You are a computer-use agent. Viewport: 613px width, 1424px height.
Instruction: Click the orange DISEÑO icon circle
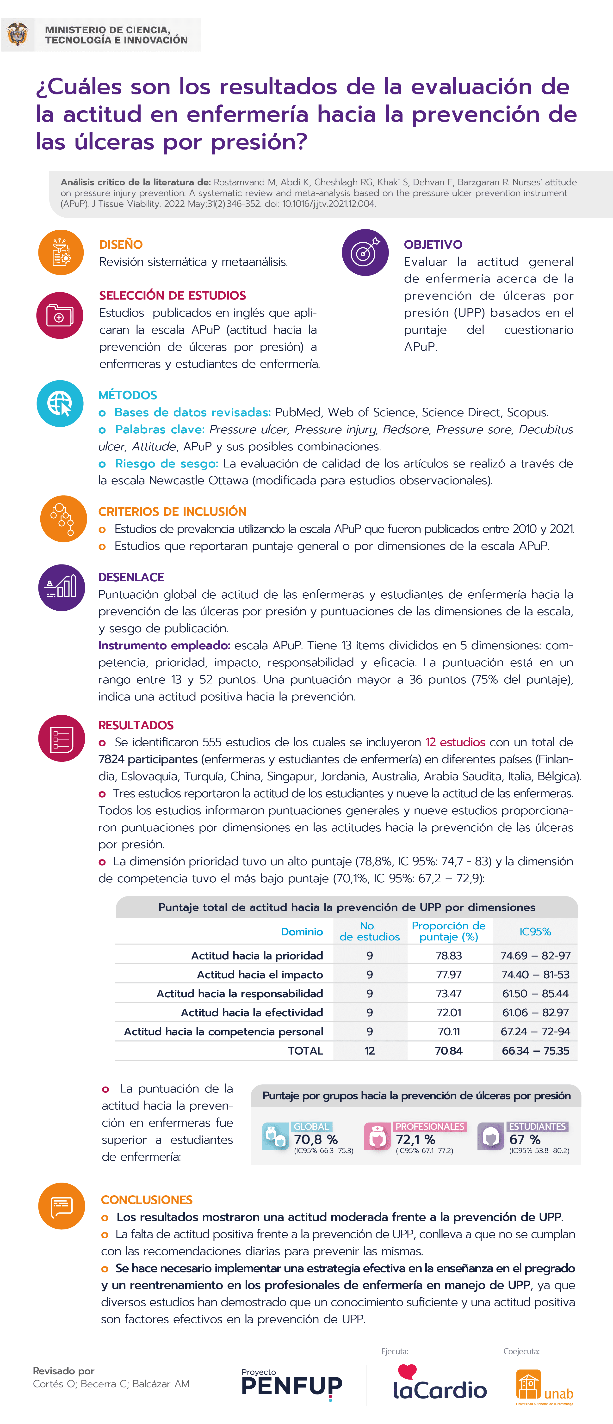click(x=61, y=252)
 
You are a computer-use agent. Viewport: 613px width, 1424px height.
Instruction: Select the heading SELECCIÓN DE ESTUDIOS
click(x=173, y=295)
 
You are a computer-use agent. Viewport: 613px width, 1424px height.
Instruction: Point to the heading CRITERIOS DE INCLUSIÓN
click(x=173, y=511)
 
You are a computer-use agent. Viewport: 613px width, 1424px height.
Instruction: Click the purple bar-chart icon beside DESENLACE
click(x=61, y=587)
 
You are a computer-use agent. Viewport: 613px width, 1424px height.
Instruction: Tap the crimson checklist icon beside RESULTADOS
click(x=61, y=738)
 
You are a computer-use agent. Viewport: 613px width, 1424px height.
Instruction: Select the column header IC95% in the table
click(x=535, y=932)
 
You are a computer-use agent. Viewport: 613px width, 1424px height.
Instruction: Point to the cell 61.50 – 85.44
click(x=535, y=993)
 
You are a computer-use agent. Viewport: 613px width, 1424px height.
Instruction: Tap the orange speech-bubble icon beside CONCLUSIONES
click(x=61, y=1206)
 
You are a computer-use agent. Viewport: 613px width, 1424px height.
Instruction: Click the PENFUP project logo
click(x=292, y=1385)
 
